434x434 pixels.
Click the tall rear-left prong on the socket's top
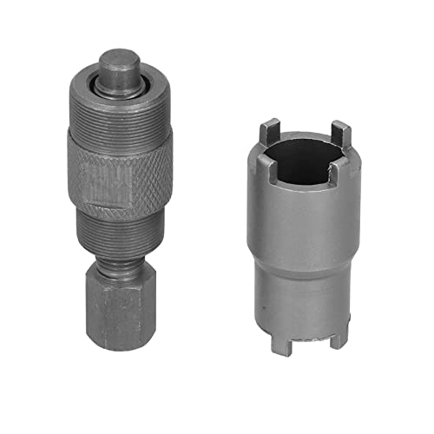pos(263,134)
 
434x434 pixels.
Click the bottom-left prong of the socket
pos(279,343)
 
